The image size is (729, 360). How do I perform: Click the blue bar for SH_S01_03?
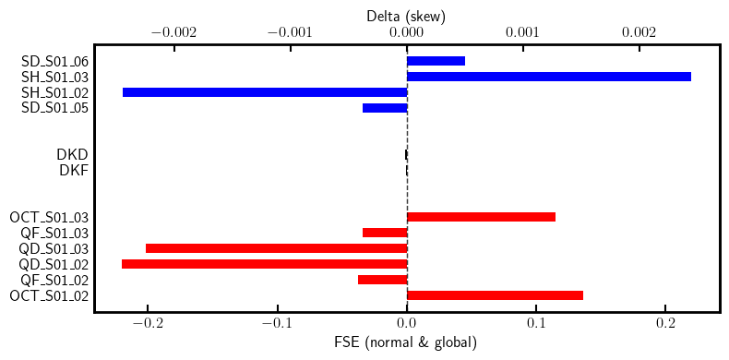tap(549, 77)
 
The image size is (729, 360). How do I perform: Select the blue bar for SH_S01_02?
tap(265, 92)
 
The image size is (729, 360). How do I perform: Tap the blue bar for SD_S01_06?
tap(436, 61)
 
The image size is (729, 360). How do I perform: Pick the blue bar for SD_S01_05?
tap(385, 108)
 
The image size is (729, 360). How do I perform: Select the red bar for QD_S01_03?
tap(276, 248)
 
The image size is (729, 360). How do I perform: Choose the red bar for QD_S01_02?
tap(264, 264)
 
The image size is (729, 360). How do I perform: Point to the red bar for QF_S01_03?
tap(385, 233)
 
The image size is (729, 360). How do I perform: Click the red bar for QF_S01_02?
tap(382, 280)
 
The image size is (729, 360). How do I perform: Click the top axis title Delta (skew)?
tap(406, 16)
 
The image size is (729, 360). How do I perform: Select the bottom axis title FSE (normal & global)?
tap(406, 343)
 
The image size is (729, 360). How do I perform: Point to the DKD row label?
tap(73, 154)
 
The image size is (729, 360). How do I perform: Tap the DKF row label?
tap(73, 170)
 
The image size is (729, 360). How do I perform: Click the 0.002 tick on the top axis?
tap(639, 32)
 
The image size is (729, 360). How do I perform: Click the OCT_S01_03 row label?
tap(49, 217)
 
